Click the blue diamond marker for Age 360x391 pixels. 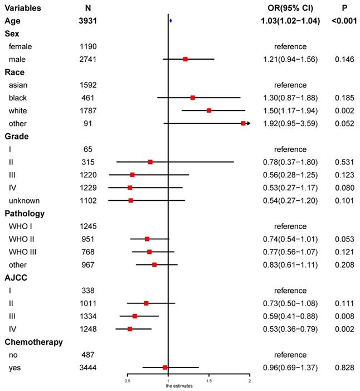[x=171, y=21]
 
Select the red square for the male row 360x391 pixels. [x=185, y=59]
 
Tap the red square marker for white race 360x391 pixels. [x=209, y=110]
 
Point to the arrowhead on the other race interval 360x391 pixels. [x=247, y=123]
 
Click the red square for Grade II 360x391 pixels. [x=150, y=162]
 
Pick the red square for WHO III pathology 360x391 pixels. [x=149, y=252]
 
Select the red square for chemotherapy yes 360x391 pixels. [x=165, y=367]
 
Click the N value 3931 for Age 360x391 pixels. [x=88, y=21]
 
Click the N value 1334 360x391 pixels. [x=88, y=316]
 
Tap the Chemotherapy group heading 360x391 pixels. [x=33, y=341]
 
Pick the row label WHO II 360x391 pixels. [x=21, y=239]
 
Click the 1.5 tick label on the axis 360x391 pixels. [x=209, y=382]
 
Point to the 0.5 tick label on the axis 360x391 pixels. [x=128, y=382]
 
